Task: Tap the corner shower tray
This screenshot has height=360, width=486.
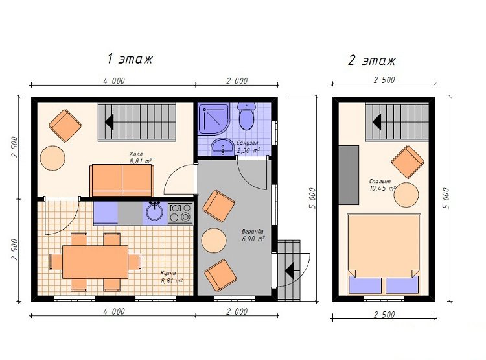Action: [214, 119]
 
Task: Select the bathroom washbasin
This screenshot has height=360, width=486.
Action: [222, 147]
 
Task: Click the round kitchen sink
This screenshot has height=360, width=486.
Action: [154, 211]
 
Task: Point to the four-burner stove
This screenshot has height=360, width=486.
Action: [180, 213]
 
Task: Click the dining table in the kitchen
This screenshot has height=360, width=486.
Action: [95, 262]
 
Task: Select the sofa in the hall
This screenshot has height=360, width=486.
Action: [122, 180]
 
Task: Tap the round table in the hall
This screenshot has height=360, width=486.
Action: [52, 158]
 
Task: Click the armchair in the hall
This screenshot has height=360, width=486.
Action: [65, 126]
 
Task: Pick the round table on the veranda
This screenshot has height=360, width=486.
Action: [214, 241]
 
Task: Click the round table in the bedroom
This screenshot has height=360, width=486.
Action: [406, 195]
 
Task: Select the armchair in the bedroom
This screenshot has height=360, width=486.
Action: [408, 162]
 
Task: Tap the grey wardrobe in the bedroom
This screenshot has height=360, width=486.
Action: [349, 175]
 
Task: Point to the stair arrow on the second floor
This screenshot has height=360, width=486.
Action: [376, 122]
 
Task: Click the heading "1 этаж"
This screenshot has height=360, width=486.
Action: [130, 58]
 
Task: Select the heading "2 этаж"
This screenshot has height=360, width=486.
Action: [372, 60]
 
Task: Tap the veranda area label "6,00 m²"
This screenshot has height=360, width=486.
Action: [253, 239]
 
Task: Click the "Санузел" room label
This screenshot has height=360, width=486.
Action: [248, 143]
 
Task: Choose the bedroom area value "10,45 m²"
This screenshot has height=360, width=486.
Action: [382, 188]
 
